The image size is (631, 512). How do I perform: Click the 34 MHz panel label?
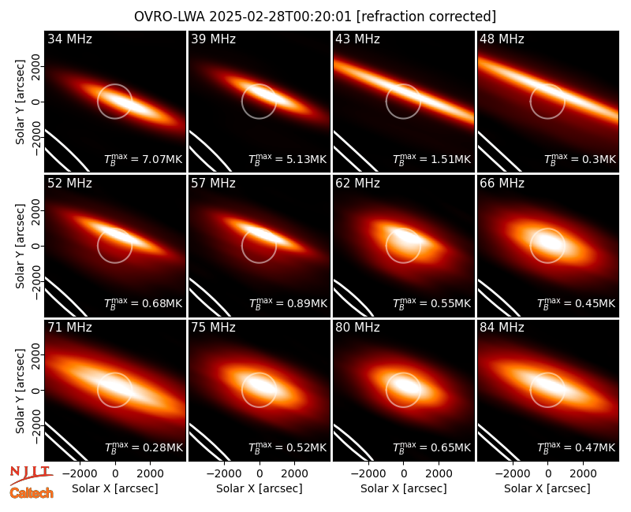69,39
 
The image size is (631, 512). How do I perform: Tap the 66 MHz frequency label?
502,184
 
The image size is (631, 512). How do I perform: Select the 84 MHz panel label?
502,328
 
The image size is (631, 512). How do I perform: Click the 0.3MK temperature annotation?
599,160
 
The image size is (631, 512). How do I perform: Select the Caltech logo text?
32,493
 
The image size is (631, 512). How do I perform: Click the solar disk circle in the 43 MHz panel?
403,119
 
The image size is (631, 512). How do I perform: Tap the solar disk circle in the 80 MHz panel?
403,407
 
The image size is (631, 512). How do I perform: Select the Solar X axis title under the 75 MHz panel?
259,488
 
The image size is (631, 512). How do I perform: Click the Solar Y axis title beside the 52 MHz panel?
20,246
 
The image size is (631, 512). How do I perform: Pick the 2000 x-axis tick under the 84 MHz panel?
583,474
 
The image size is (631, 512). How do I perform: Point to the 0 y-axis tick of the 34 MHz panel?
36,102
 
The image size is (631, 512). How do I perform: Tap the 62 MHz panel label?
357,184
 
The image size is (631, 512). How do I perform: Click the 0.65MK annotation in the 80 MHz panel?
450,447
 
